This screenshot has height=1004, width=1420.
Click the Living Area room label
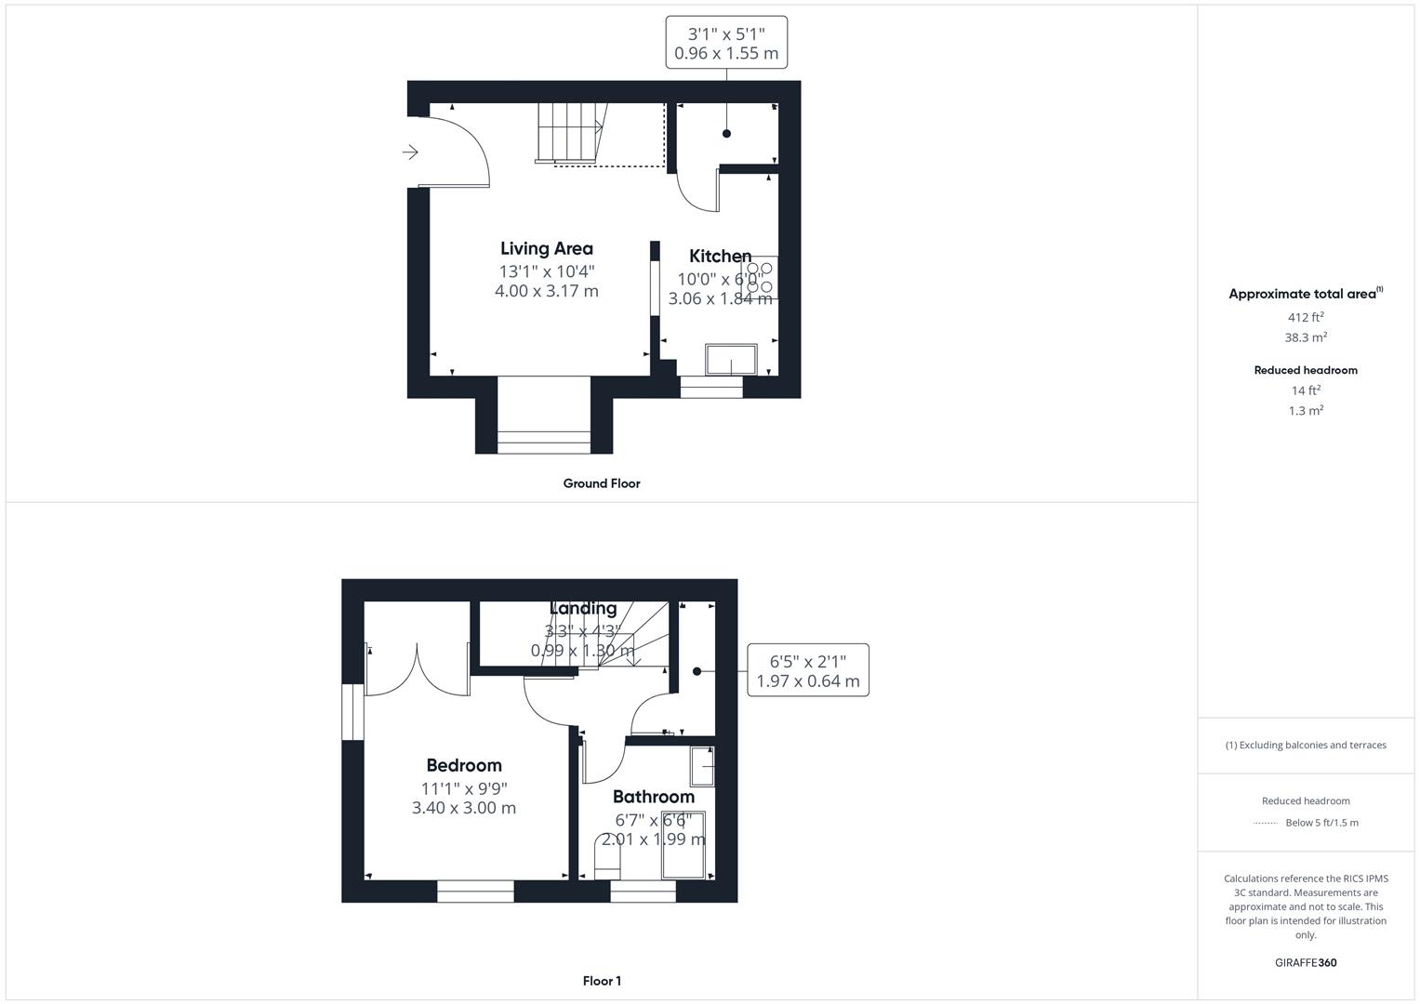pos(546,248)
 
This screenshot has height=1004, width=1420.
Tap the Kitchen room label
pos(720,256)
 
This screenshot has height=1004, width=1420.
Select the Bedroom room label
pos(463,765)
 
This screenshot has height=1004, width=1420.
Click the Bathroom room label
pos(653,797)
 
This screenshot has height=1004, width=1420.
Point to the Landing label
pos(583,609)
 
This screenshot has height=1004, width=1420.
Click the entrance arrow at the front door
pos(410,152)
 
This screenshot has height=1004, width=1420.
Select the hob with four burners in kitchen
pos(759,277)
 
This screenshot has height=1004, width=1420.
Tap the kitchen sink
pos(731,359)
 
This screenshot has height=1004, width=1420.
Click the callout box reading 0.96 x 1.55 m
pos(726,43)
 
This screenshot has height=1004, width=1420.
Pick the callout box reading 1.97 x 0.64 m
pos(807,670)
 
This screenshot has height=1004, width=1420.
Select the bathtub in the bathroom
pos(683,844)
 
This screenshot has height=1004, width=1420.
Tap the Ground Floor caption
pos(601,483)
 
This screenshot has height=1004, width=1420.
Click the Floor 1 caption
pos(602,981)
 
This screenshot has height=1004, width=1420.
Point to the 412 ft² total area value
pos(1305,317)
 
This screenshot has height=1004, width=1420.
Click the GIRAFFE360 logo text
pos(1305,962)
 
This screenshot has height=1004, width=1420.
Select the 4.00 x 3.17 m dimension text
pos(546,291)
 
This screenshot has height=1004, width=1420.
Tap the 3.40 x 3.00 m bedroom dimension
pos(463,808)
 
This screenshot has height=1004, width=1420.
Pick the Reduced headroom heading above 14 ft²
pos(1305,370)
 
